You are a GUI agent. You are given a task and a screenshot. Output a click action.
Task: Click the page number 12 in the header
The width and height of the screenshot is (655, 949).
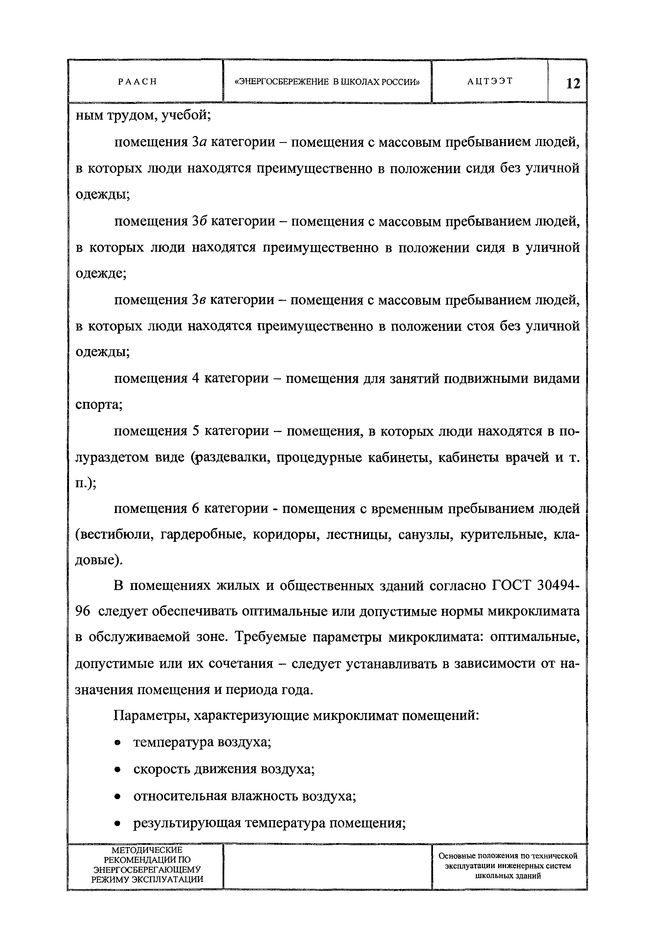573,84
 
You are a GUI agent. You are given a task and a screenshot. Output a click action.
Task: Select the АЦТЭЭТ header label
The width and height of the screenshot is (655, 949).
490,81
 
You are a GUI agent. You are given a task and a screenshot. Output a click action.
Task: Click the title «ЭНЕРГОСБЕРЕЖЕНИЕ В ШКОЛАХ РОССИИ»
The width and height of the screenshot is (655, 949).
327,82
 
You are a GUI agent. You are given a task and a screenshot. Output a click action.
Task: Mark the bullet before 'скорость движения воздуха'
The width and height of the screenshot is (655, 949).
118,770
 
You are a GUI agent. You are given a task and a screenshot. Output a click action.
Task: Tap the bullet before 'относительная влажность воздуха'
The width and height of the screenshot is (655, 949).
118,797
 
